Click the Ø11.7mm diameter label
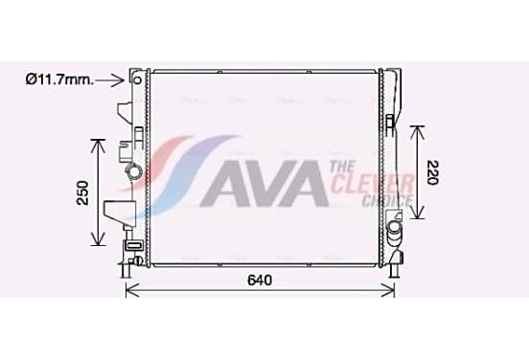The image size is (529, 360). pos(59,79)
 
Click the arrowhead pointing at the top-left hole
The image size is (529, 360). pos(120,80)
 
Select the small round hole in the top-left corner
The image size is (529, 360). pos(137,80)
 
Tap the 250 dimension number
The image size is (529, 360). pos(83,192)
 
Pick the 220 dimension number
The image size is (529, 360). pos(432,172)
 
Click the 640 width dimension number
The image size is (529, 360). pos(260,281)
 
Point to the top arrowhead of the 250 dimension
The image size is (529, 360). pos(99,145)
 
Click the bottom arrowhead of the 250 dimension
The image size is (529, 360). pos(99,238)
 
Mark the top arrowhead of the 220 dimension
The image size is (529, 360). pos(419,132)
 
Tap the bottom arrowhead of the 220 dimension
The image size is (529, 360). pos(419,213)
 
